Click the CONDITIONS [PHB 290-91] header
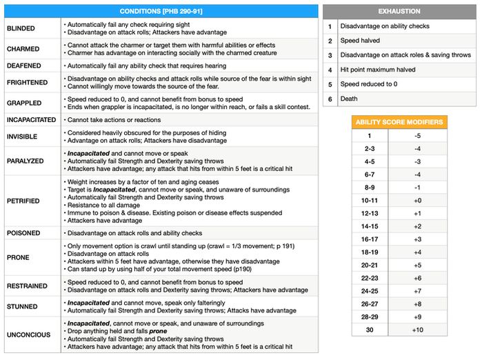[x=161, y=12]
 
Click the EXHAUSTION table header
[x=399, y=12]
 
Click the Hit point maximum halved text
[x=378, y=70]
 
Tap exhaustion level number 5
[x=330, y=84]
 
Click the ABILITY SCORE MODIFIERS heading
[x=399, y=122]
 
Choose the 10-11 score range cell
[x=370, y=200]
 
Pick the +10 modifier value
[x=417, y=329]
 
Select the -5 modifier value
[x=417, y=136]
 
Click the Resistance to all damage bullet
[x=103, y=205]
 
